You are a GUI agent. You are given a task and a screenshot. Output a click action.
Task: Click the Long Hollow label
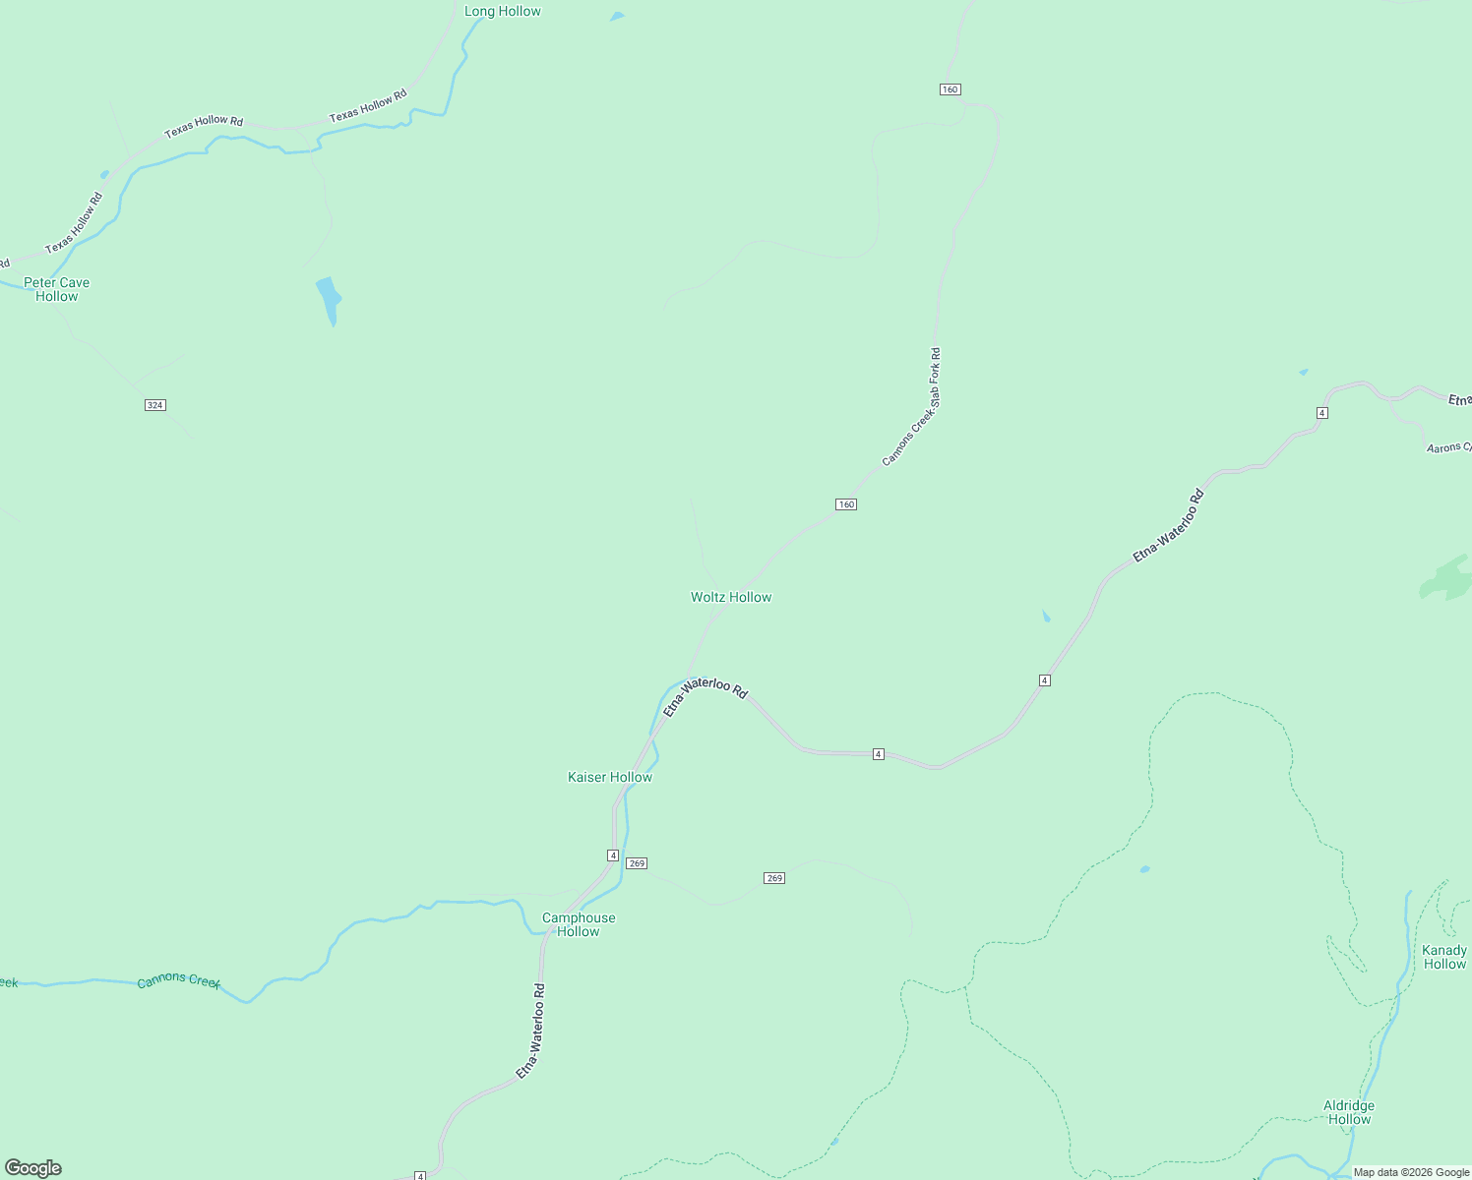[x=502, y=12]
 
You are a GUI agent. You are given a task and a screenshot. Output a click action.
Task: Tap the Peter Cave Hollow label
[x=57, y=289]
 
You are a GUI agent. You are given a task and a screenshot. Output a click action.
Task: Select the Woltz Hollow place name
[x=731, y=597]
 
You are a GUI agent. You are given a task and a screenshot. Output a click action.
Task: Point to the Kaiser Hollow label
[x=610, y=777]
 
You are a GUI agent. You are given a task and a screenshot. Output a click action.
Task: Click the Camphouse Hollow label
[x=579, y=924]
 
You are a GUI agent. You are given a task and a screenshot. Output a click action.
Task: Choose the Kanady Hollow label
[x=1444, y=957]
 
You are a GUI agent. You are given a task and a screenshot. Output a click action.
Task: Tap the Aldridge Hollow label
[x=1349, y=1112]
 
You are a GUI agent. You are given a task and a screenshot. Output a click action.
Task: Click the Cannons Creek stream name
[x=179, y=980]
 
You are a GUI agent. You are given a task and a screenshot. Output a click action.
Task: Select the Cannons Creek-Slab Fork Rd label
[x=912, y=406]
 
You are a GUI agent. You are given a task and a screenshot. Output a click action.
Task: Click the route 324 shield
[x=154, y=405]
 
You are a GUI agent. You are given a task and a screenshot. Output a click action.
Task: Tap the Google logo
[x=33, y=1168]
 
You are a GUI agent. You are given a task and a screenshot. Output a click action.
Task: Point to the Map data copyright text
[x=1411, y=1172]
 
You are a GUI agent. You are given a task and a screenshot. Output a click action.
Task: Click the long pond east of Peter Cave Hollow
[x=329, y=299]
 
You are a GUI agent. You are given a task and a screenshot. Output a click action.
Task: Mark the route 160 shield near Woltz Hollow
[x=846, y=504]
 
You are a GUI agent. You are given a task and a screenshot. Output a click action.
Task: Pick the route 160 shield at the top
[x=950, y=89]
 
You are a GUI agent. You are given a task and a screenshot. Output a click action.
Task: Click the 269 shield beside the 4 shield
[x=637, y=863]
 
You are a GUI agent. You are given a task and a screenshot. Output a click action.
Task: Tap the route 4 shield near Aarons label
[x=1322, y=413]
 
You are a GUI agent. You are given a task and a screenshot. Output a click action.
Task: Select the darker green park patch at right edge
[x=1446, y=578]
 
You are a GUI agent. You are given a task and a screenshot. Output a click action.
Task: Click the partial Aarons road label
[x=1448, y=448]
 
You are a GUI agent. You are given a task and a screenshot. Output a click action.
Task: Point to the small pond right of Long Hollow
[x=617, y=16]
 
